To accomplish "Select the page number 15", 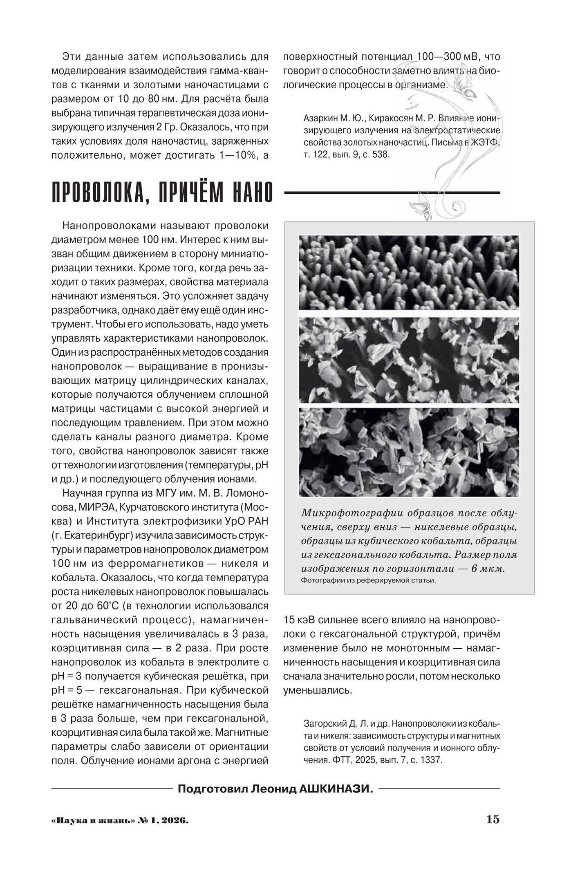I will pyautogui.click(x=493, y=819).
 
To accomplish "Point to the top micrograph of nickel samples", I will pyautogui.click(x=409, y=272).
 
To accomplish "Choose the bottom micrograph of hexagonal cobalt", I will pyautogui.click(x=409, y=452).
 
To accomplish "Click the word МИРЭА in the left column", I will pyautogui.click(x=95, y=507).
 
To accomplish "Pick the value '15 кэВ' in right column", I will pyautogui.click(x=300, y=620).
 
